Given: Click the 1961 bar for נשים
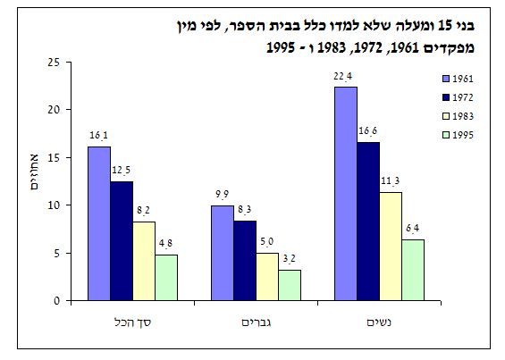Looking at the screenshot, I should pyautogui.click(x=346, y=194).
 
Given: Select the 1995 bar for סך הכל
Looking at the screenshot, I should pyautogui.click(x=167, y=278).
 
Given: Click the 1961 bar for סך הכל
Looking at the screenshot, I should pyautogui.click(x=99, y=223).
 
